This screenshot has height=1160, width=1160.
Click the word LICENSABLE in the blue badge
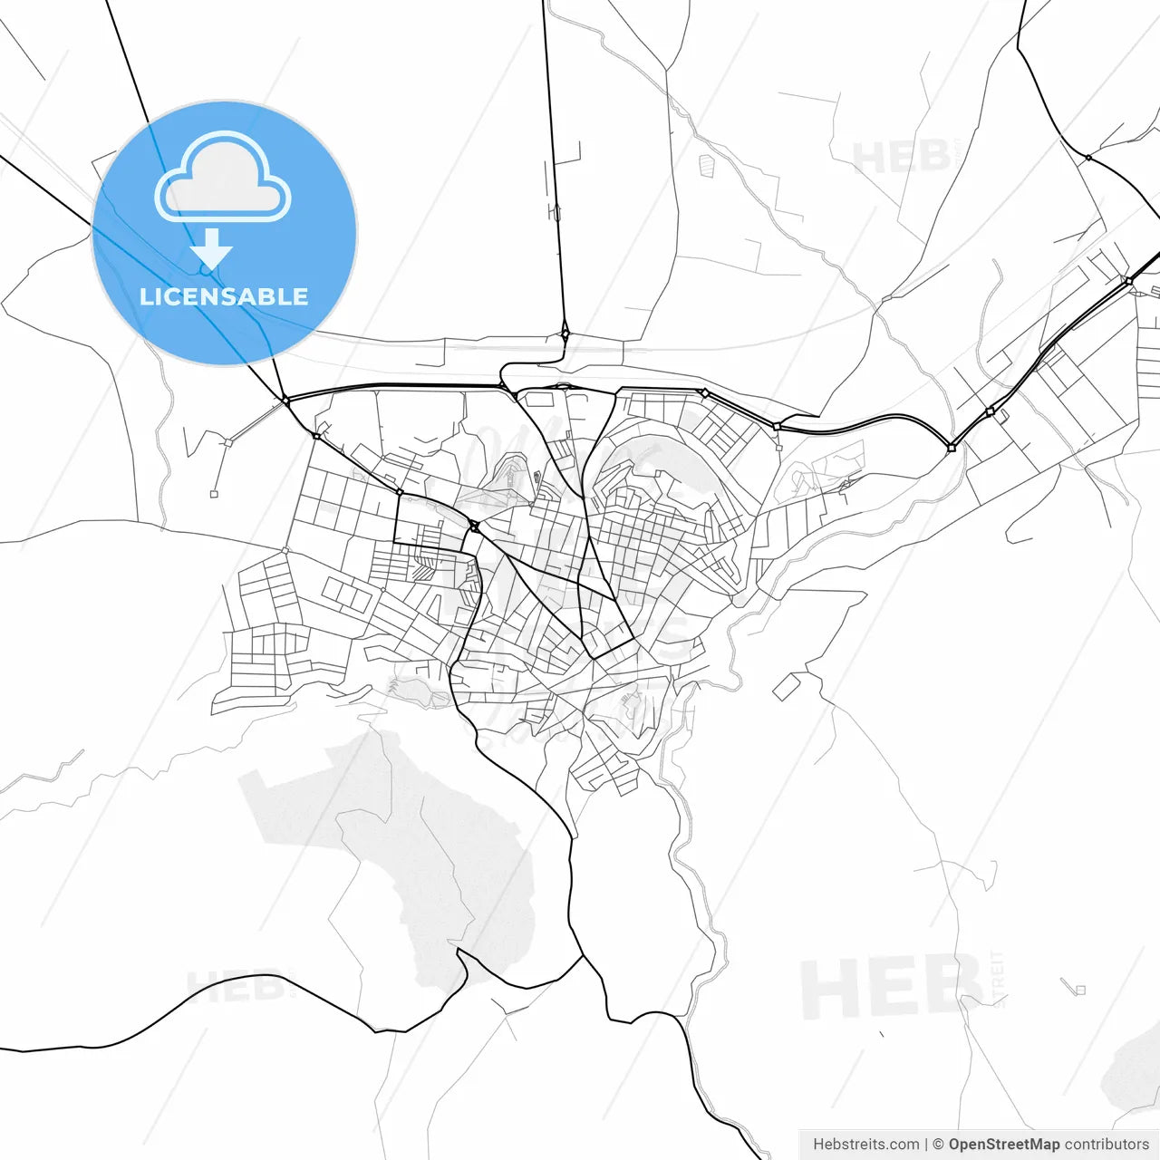(x=224, y=296)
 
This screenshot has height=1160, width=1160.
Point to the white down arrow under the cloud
(x=212, y=248)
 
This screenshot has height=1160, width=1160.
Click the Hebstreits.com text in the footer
(x=865, y=1145)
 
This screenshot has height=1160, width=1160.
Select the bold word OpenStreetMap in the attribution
(x=1003, y=1145)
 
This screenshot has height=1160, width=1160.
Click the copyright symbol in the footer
(x=938, y=1145)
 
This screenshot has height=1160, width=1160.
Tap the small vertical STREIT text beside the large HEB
(x=999, y=979)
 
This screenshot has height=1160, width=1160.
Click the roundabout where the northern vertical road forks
(x=565, y=333)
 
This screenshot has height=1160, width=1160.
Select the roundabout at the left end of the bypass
(x=285, y=400)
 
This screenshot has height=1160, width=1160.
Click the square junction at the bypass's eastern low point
(x=951, y=448)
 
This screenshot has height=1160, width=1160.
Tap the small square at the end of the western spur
(x=214, y=494)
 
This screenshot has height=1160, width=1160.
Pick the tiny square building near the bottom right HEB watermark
(x=1079, y=990)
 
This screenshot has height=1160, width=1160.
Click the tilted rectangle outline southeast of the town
(x=786, y=687)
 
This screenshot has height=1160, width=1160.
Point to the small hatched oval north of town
(x=707, y=164)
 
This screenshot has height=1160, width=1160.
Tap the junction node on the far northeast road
(x=1088, y=158)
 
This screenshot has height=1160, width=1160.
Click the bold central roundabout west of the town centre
(x=474, y=526)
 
